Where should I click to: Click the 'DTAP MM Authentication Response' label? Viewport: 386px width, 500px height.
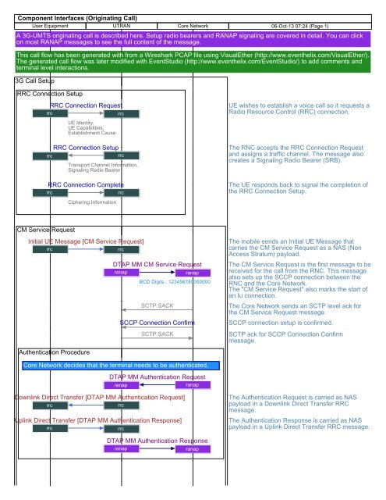pos(157,441)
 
